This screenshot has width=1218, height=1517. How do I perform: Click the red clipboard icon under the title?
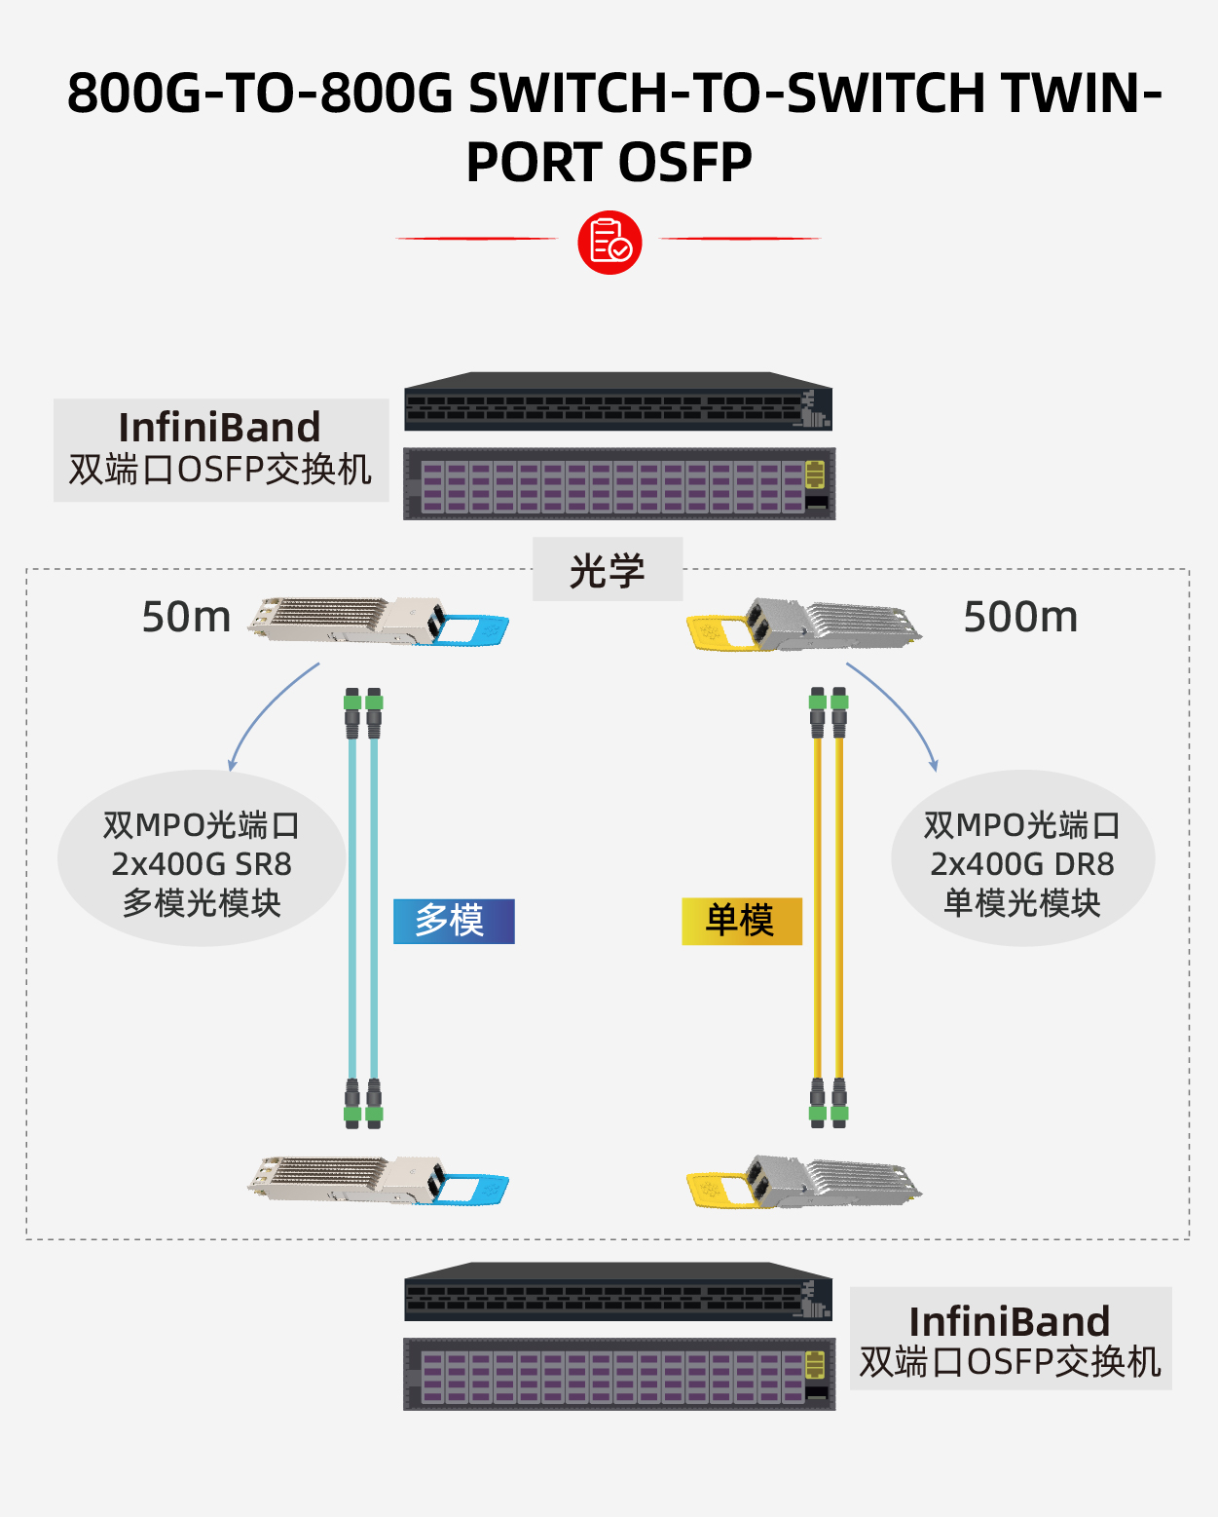609,243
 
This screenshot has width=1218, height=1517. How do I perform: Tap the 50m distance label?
186,617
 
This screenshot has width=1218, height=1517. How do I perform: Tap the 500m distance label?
1020,617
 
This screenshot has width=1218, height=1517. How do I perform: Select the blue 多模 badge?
454,921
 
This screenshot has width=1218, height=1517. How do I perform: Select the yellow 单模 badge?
742,921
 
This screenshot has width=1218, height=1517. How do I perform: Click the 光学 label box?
608,570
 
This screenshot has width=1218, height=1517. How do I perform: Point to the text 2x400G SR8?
202,864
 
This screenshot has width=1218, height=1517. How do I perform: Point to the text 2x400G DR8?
1022,864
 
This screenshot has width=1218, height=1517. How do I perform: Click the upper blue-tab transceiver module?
378,622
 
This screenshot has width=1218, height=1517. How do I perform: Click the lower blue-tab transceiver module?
378,1181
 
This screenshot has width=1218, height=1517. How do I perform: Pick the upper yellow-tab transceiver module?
804,625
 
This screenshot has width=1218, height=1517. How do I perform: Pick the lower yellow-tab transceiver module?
804,1182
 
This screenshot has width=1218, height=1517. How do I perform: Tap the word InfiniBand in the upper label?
219,428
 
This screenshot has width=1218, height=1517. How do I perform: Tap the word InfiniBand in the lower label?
1010,1322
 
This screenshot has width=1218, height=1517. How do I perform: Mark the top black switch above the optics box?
618,401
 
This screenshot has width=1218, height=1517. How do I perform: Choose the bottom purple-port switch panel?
619,1374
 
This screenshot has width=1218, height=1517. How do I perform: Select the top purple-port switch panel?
619,484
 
